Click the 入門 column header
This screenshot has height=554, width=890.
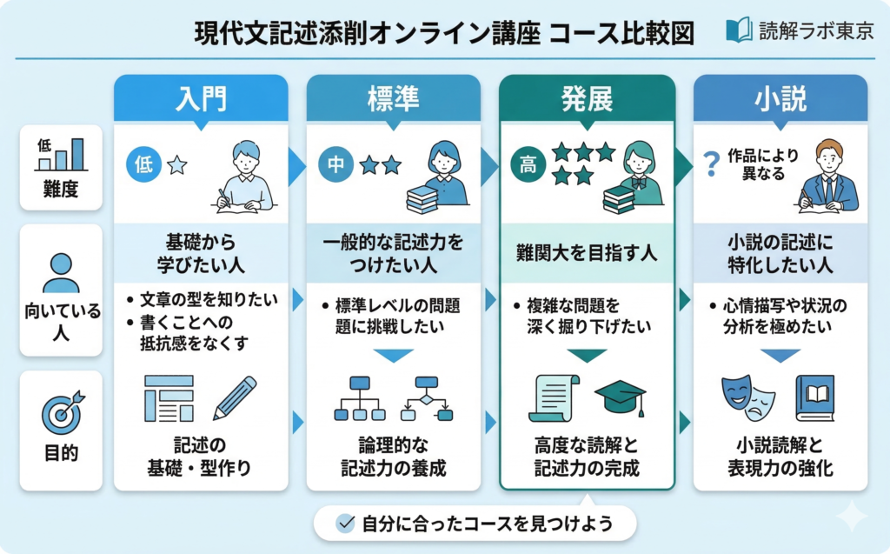point(201,97)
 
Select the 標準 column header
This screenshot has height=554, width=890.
point(393,97)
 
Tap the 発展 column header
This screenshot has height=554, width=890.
point(587,97)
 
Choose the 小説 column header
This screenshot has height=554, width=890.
point(780,97)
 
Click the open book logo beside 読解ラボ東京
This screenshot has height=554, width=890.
point(739,31)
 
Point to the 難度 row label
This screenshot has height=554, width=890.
point(60,190)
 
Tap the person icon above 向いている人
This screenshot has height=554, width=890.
point(60,272)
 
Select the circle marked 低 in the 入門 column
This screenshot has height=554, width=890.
point(144,164)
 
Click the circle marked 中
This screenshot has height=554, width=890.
point(336,164)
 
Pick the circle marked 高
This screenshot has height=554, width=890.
point(528,164)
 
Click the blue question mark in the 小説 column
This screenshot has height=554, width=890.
point(711,163)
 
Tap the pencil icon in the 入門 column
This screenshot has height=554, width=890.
point(235,398)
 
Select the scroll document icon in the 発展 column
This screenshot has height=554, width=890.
point(554,398)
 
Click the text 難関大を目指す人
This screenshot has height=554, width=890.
point(587,253)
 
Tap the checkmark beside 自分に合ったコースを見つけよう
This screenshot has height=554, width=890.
point(345,523)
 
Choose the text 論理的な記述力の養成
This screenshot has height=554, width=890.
point(393,457)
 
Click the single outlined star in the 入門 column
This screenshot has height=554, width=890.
point(177,164)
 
